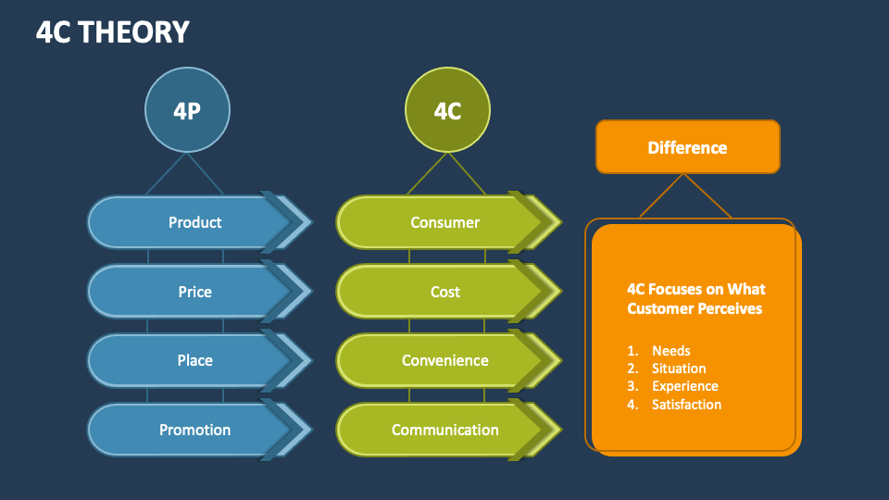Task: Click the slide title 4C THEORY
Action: coord(112,32)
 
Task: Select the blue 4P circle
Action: coord(187,111)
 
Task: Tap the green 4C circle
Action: coord(447,111)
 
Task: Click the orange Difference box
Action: coord(687,147)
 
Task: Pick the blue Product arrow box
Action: coord(194,222)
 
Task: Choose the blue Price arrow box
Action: coord(194,292)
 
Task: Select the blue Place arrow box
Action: coord(194,360)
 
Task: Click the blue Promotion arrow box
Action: coord(194,430)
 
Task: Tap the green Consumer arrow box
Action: coord(444,222)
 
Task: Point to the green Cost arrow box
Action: coord(444,292)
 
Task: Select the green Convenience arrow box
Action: coord(444,360)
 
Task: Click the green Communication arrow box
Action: coord(444,430)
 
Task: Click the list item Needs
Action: coord(670,351)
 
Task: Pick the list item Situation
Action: coord(678,369)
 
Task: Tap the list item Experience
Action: coord(684,386)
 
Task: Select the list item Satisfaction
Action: coord(686,405)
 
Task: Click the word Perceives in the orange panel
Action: coord(728,308)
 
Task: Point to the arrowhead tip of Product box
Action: coord(309,222)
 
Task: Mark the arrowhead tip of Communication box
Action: coord(558,430)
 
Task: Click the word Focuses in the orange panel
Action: coord(681,289)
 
